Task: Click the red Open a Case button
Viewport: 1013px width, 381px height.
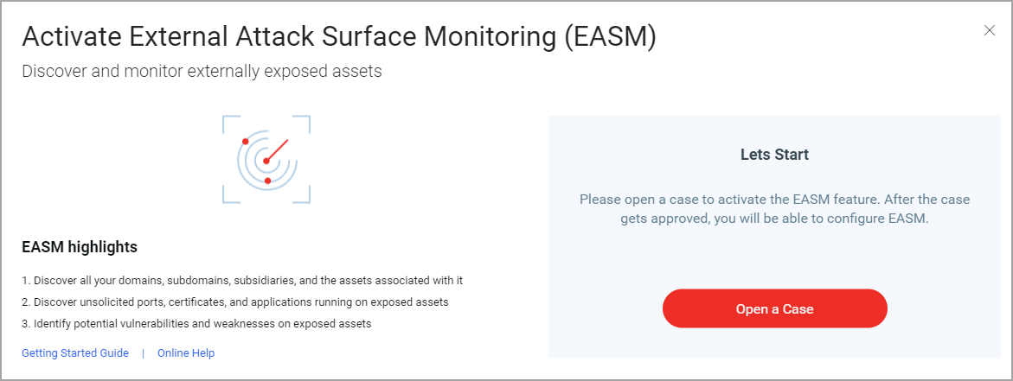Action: click(774, 308)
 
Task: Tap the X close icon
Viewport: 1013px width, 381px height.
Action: click(989, 30)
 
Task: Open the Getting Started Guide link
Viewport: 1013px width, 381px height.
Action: click(75, 353)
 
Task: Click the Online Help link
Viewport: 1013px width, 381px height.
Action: click(186, 353)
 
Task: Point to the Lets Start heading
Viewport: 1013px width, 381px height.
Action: click(774, 155)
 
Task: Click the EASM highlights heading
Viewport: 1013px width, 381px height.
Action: click(80, 247)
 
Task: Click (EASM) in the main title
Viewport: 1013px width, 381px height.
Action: click(609, 38)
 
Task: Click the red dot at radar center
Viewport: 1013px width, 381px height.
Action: click(266, 161)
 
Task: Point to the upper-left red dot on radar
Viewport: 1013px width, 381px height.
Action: click(245, 141)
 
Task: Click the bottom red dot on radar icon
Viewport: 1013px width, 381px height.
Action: click(267, 181)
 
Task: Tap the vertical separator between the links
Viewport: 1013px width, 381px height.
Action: click(144, 353)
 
